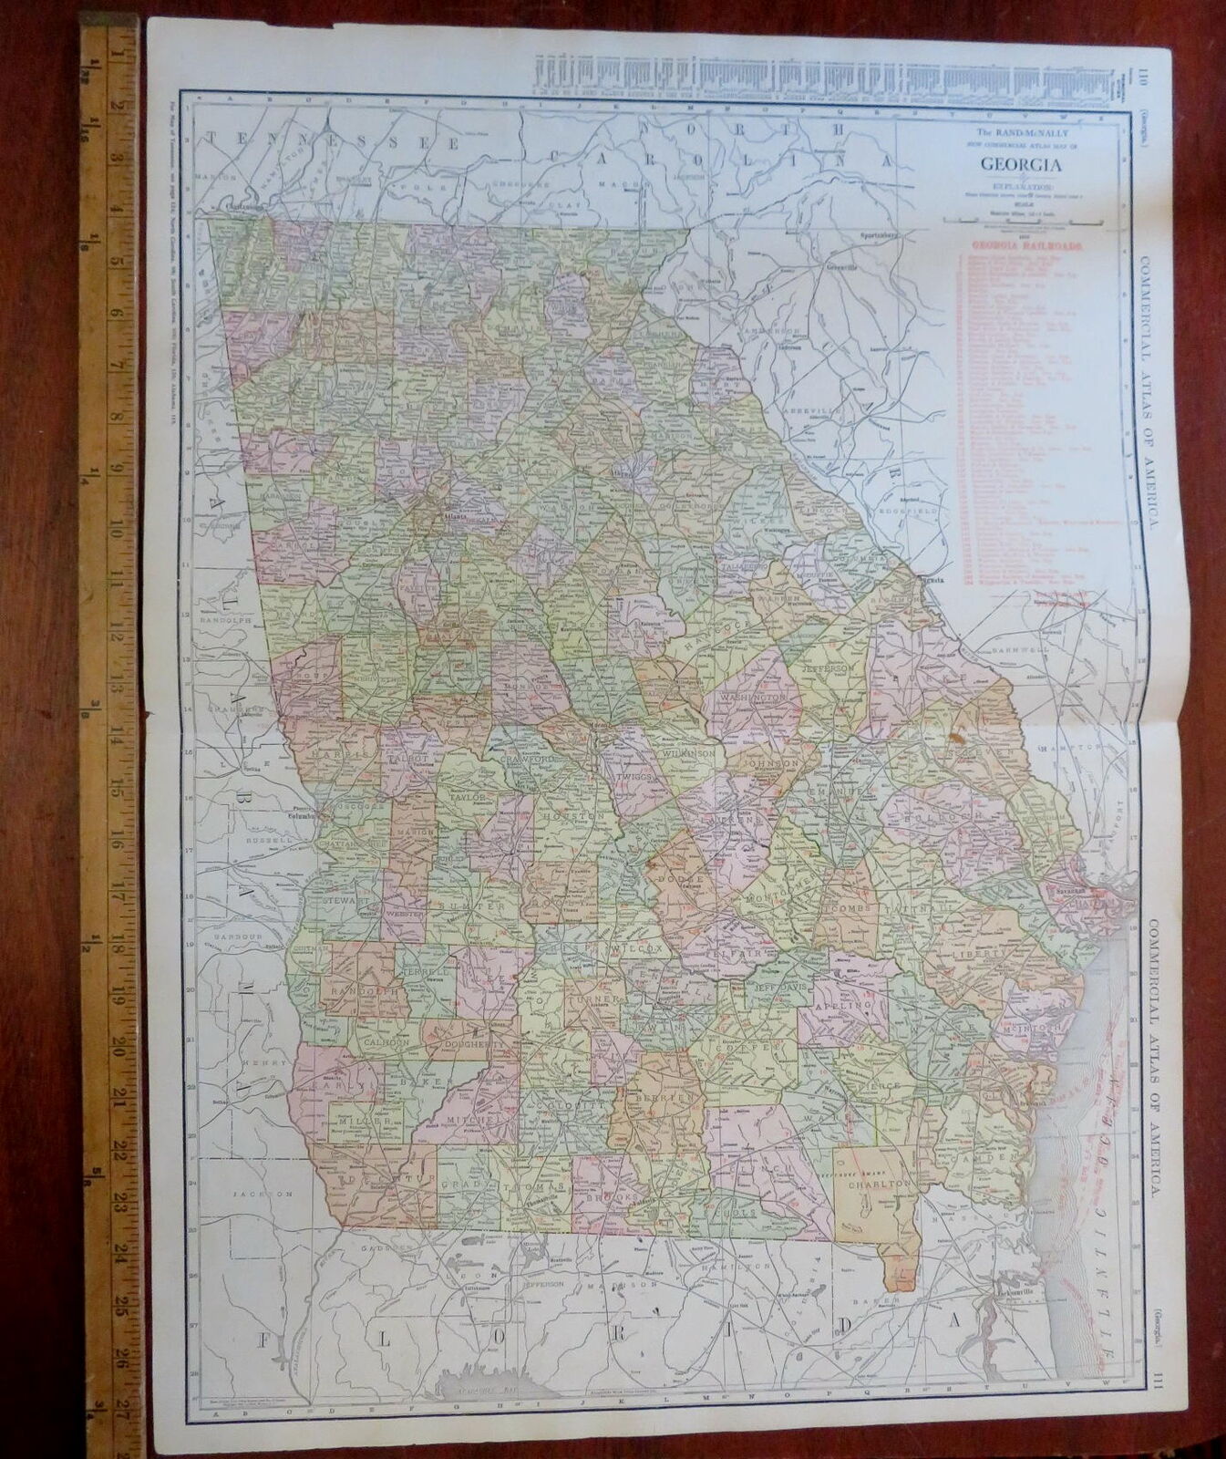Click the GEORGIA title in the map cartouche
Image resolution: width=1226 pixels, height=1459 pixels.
click(x=1018, y=166)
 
